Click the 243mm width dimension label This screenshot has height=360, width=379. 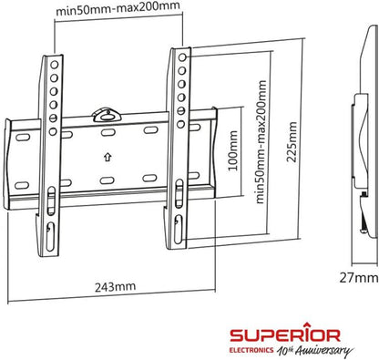pyautogui.click(x=115, y=286)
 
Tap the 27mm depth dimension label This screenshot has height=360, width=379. pyautogui.click(x=359, y=278)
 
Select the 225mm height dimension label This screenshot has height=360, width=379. pyautogui.click(x=292, y=142)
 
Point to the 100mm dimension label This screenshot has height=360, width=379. pyautogui.click(x=233, y=150)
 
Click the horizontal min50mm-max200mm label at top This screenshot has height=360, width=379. pyautogui.click(x=118, y=10)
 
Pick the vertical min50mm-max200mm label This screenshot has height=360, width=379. pyautogui.click(x=261, y=142)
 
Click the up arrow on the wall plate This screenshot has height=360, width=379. pyautogui.click(x=108, y=158)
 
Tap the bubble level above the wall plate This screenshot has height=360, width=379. pyautogui.click(x=107, y=115)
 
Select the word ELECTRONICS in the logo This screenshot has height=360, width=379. pyautogui.click(x=251, y=350)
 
